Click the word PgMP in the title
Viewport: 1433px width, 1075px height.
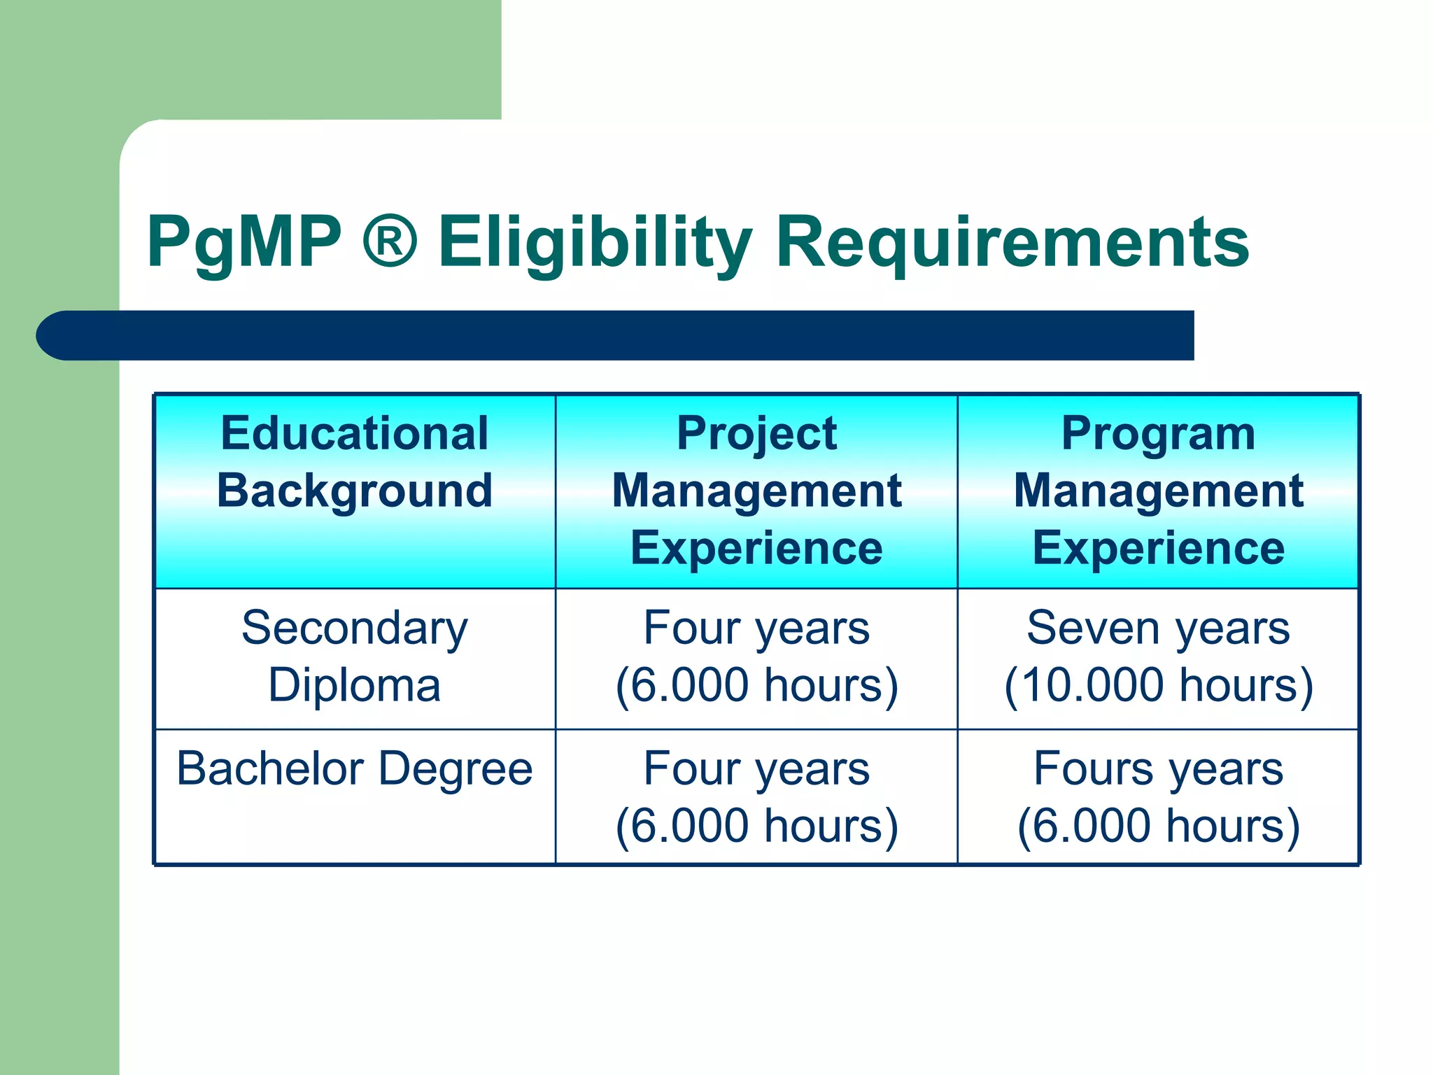244,243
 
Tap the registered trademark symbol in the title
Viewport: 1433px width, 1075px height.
390,241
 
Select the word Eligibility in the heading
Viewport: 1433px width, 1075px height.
595,243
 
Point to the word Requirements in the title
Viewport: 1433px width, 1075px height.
1012,243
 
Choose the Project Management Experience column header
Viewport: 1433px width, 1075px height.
756,490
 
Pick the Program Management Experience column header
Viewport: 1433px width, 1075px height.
1158,490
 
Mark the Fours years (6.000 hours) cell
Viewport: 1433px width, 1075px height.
1158,797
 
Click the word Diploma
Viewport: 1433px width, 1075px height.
355,685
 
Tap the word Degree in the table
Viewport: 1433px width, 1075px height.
456,769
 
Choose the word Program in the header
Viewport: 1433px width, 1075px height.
1158,434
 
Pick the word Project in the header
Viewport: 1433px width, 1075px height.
756,434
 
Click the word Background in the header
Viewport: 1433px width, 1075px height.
355,491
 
